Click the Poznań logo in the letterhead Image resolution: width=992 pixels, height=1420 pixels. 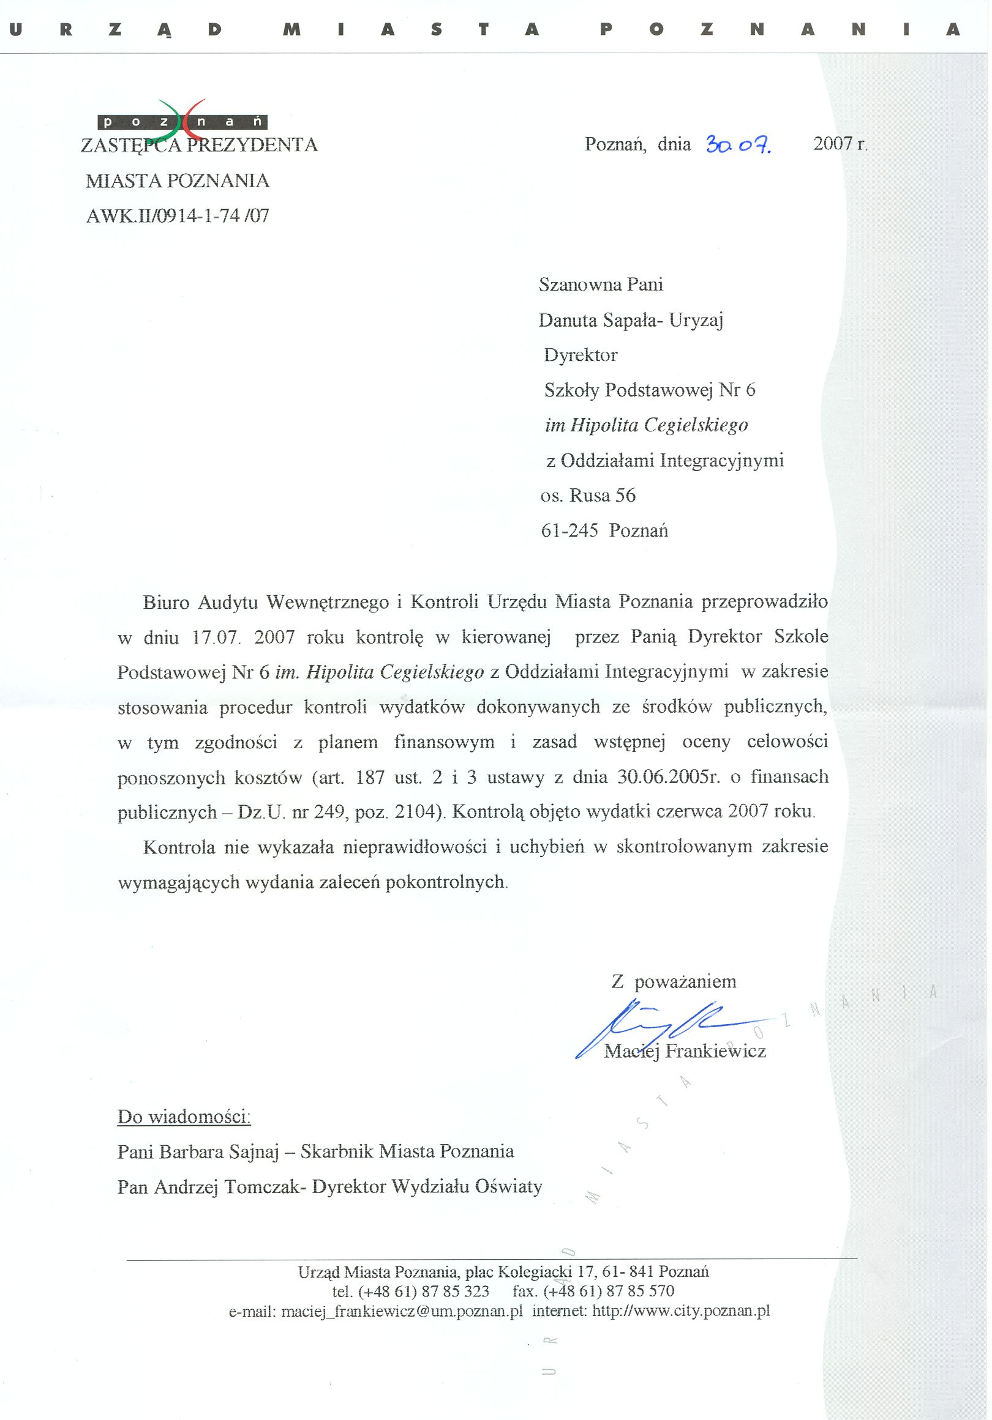182,120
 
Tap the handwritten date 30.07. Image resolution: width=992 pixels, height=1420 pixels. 738,146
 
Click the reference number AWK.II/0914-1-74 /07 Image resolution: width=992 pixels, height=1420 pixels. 178,216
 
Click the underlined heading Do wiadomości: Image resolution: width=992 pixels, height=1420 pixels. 184,1117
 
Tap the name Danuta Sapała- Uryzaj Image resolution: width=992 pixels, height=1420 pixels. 631,320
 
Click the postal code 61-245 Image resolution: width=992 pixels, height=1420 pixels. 569,530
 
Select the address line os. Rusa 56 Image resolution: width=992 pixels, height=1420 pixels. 588,496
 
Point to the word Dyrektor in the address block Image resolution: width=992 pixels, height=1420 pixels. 581,355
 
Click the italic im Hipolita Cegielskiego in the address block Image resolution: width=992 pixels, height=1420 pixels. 646,425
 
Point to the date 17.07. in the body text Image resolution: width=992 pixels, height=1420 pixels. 216,638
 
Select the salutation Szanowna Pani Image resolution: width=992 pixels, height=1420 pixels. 601,284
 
